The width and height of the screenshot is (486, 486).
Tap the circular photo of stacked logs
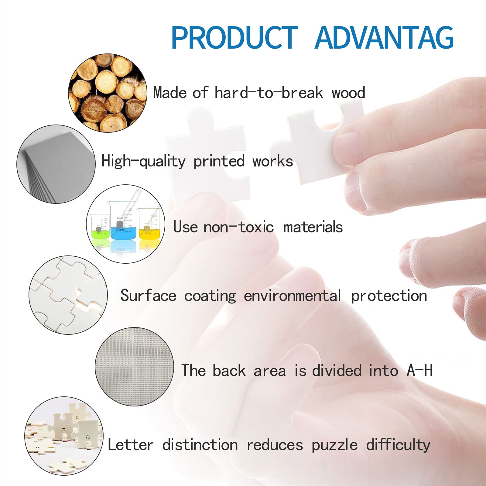tap(108, 93)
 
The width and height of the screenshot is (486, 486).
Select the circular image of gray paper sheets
tap(56, 164)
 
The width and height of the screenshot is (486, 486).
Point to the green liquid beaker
tap(100, 226)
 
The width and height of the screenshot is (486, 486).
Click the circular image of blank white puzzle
tap(68, 295)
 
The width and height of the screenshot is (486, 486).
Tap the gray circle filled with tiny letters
tap(135, 367)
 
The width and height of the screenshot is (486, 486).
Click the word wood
tap(348, 93)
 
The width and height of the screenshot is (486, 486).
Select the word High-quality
tap(143, 161)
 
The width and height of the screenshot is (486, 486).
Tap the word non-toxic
tap(238, 227)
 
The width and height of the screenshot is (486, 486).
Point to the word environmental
tap(293, 296)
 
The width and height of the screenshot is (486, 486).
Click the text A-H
tap(420, 370)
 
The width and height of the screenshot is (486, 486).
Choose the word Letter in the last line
tap(131, 445)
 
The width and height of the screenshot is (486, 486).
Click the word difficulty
tap(398, 445)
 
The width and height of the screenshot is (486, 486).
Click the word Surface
tap(148, 295)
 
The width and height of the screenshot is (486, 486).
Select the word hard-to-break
tap(269, 93)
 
